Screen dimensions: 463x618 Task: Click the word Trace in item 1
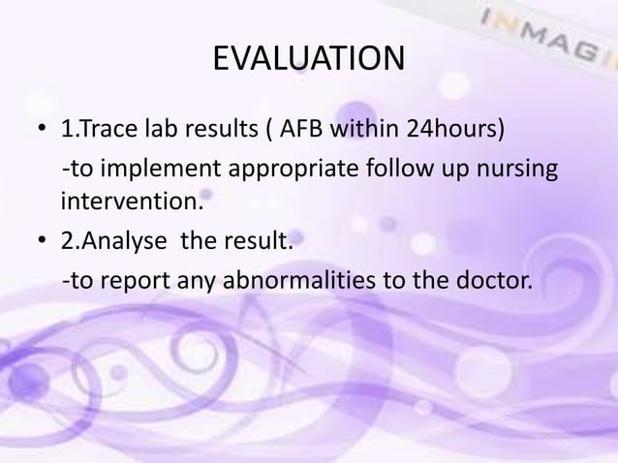[x=116, y=132]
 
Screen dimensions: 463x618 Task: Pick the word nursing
[x=513, y=172]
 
